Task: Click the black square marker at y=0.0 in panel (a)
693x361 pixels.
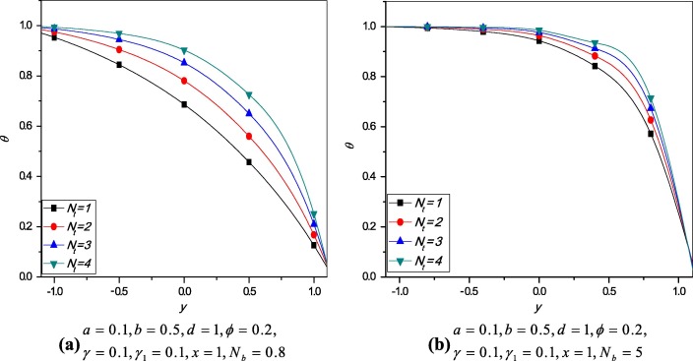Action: pos(184,104)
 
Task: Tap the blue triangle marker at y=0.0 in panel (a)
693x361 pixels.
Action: pos(184,62)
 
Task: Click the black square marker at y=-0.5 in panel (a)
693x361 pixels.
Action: pos(119,65)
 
